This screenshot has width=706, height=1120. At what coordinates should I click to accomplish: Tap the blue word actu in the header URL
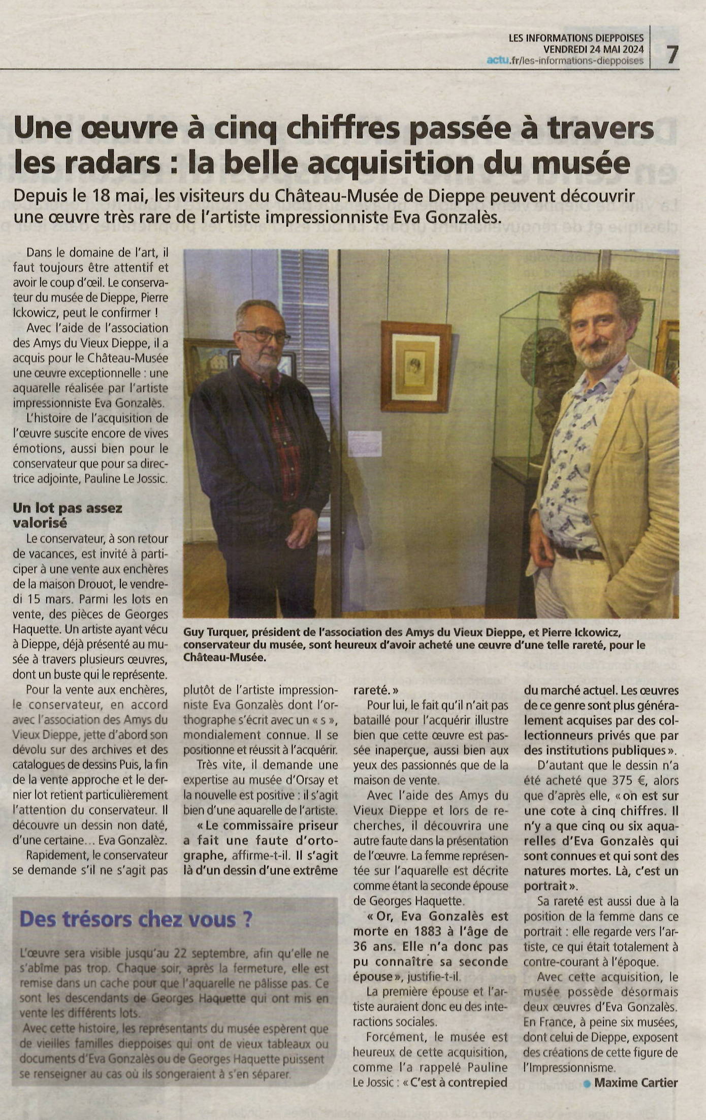click(497, 61)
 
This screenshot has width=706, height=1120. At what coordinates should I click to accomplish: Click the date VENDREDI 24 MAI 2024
click(593, 49)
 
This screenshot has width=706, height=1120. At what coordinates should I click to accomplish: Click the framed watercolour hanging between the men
click(415, 366)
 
